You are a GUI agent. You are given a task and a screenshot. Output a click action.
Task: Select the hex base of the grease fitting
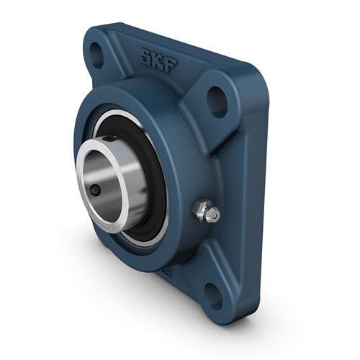click(x=199, y=210)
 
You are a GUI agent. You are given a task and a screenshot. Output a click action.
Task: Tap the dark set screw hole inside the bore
click(x=96, y=191)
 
